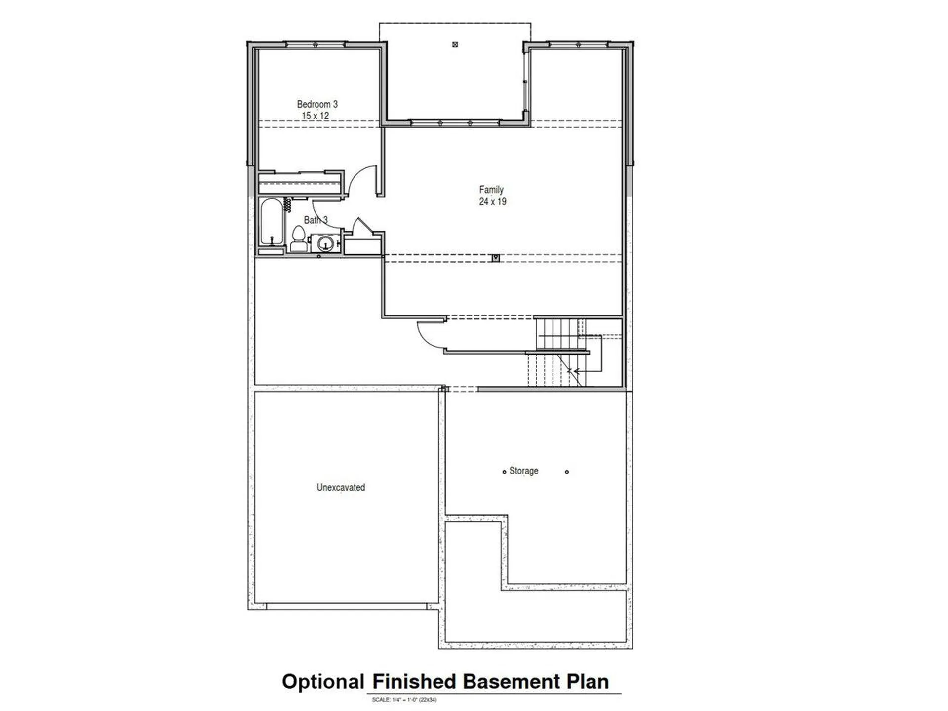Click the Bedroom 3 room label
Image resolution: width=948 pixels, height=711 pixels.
[x=317, y=104]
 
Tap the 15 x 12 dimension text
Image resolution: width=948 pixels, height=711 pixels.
[x=315, y=116]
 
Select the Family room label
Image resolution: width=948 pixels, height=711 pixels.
[x=491, y=190]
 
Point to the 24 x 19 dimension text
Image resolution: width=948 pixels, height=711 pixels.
[x=492, y=201]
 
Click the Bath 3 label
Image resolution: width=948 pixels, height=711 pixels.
[x=316, y=220]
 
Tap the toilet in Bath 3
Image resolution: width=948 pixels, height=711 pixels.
[x=298, y=239]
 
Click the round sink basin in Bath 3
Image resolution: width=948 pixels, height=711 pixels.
[x=325, y=243]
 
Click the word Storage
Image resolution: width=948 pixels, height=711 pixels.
[x=523, y=471]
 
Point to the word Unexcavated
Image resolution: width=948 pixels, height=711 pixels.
[x=341, y=487]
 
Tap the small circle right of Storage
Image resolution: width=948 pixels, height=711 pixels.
[x=567, y=472]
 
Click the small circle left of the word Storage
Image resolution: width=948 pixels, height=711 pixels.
[x=504, y=472]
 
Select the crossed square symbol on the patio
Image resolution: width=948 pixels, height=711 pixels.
[x=455, y=45]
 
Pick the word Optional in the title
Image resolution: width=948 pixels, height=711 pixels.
[x=323, y=682]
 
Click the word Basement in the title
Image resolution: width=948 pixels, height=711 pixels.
[x=511, y=682]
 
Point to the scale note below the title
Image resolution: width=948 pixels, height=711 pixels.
[x=404, y=700]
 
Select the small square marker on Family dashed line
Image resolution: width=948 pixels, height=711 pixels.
[x=496, y=258]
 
